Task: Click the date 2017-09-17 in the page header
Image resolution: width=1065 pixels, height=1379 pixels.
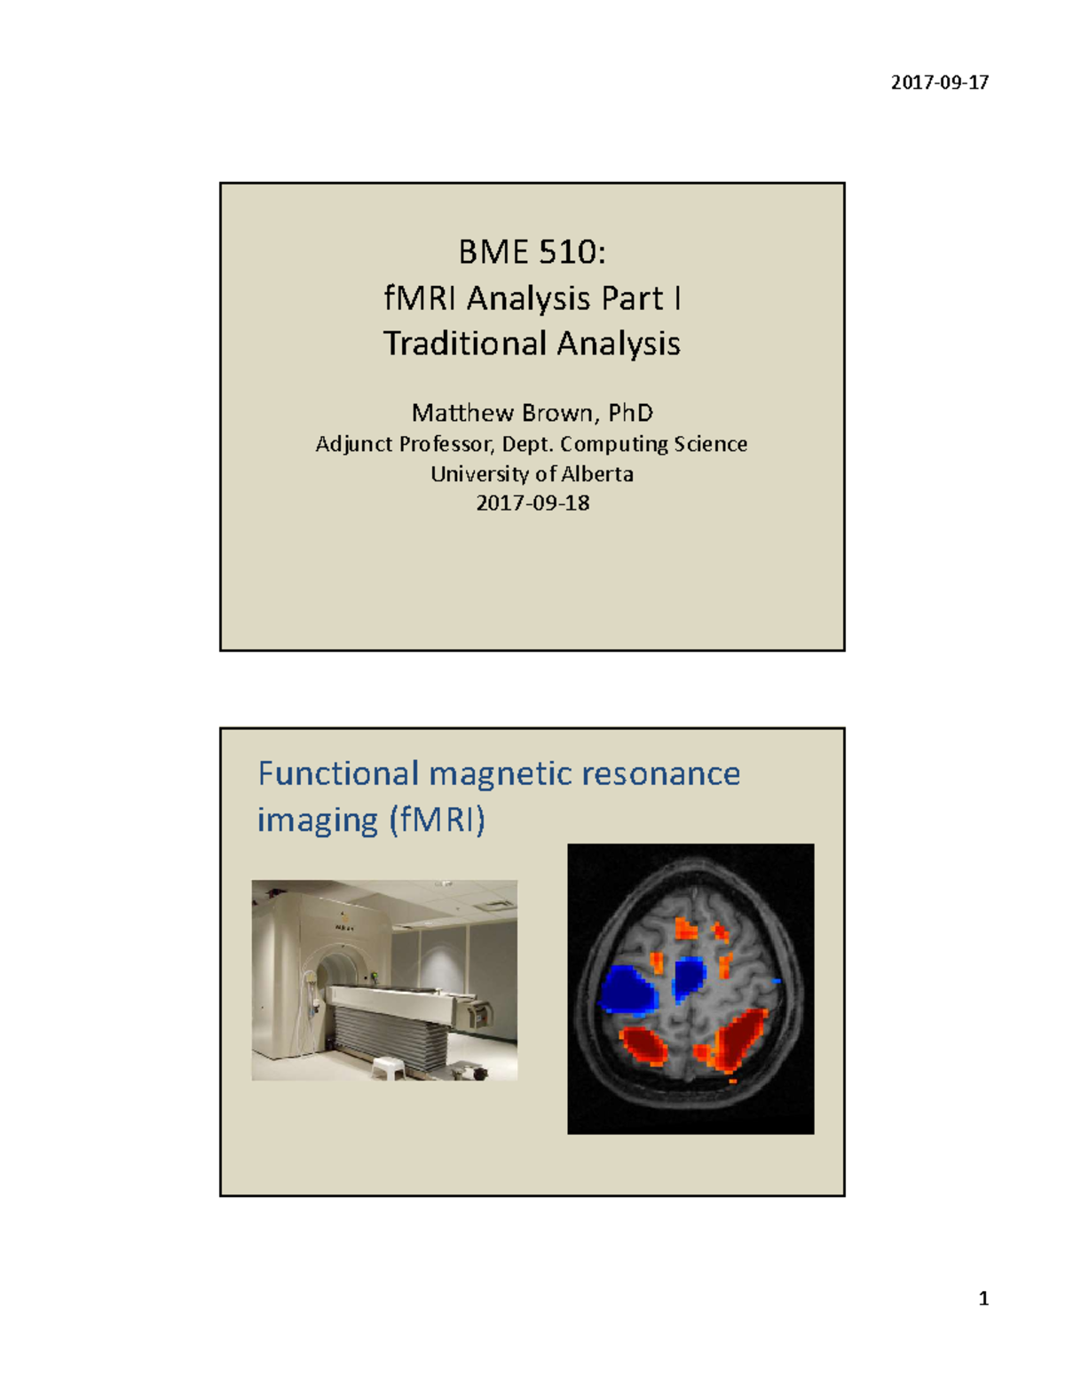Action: (x=939, y=83)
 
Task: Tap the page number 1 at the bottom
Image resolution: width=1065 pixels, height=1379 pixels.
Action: (x=983, y=1299)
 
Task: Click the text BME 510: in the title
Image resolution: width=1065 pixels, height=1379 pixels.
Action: (x=532, y=252)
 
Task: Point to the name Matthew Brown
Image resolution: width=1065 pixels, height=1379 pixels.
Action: (x=502, y=413)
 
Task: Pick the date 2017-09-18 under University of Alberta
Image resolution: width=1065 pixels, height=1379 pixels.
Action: (x=532, y=503)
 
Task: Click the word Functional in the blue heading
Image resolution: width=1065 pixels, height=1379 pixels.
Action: (x=338, y=773)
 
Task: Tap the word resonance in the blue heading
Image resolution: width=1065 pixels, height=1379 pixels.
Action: (x=660, y=773)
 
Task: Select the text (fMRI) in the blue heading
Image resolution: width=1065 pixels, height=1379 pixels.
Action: (x=437, y=820)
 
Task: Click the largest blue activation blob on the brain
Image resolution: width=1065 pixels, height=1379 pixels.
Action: (x=627, y=991)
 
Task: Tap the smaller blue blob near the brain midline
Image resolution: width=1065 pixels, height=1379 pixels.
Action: (x=688, y=979)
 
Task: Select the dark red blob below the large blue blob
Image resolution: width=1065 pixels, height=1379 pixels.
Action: (x=644, y=1046)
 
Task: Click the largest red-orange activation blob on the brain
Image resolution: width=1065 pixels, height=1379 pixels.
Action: (x=738, y=1041)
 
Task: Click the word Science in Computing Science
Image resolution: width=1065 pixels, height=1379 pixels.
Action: (x=710, y=444)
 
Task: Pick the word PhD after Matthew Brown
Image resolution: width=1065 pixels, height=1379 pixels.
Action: (x=631, y=413)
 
